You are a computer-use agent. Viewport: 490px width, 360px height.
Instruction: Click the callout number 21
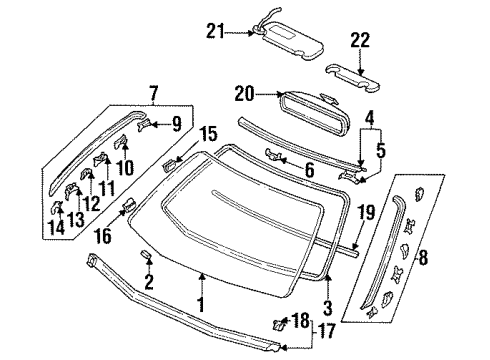click(x=215, y=32)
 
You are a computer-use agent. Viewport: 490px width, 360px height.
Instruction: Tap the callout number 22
click(x=360, y=40)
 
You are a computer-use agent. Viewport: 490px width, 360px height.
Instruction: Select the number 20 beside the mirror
click(x=244, y=94)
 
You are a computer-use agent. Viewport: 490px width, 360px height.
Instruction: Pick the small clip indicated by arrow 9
click(x=144, y=124)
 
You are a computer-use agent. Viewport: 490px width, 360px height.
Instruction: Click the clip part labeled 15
click(x=169, y=165)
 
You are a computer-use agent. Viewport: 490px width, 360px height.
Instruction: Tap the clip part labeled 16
click(x=129, y=204)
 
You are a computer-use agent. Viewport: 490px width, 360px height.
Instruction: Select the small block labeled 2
click(x=146, y=254)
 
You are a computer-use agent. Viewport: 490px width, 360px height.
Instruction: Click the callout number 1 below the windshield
click(x=201, y=305)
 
